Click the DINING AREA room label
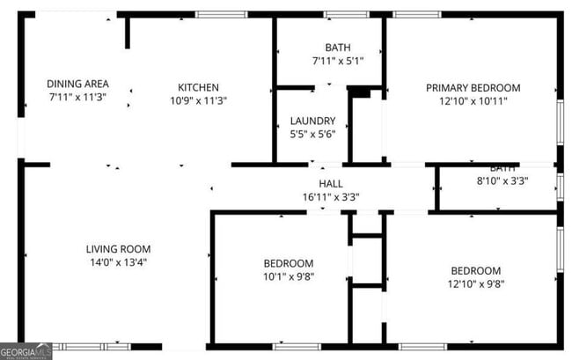pos(77,84)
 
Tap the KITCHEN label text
pos(198,87)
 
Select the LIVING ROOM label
pos(118,249)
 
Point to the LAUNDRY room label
pos(312,121)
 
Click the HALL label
pos(331,183)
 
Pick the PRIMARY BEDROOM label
pos(473,88)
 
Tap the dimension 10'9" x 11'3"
pos(198,100)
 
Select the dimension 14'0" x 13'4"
pos(118,262)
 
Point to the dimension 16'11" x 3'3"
pos(331,197)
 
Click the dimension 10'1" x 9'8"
pos(288,276)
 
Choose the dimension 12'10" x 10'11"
pos(473,101)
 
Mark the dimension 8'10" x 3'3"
pos(502,182)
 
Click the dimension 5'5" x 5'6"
pos(312,135)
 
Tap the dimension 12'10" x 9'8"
pos(475,283)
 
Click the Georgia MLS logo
pos(26,353)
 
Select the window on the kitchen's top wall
pos(221,14)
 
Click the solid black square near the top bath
pos(359,92)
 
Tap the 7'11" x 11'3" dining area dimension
pos(77,98)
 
